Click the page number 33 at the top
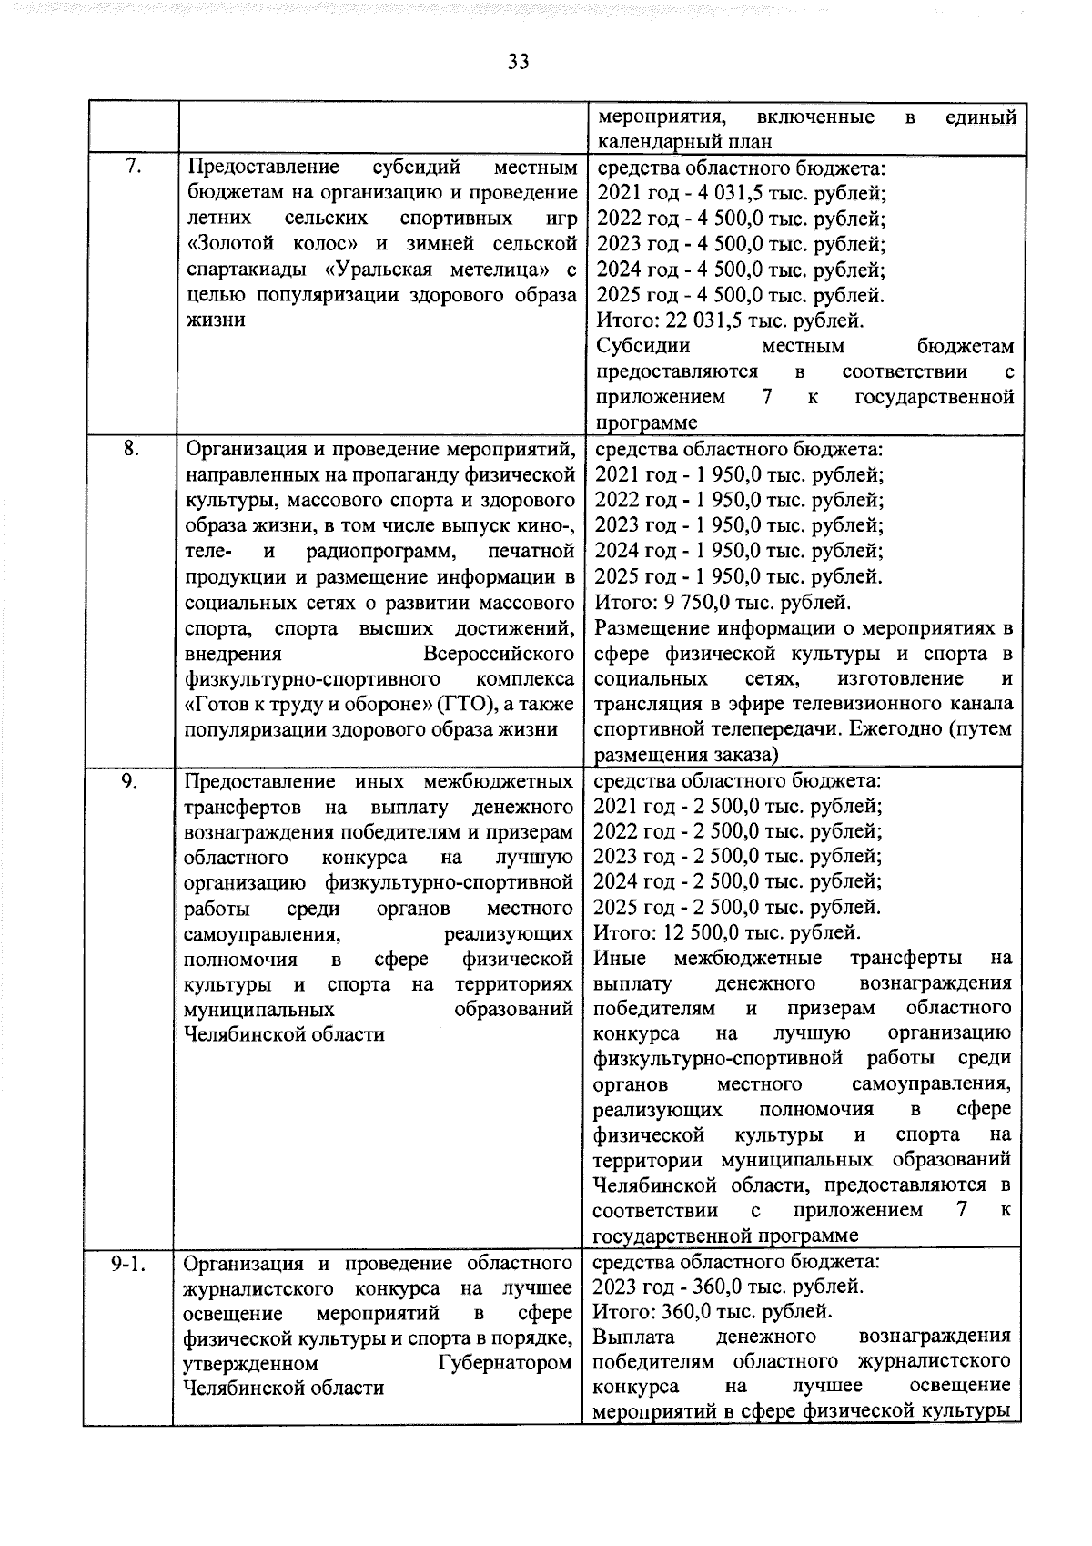[x=519, y=62]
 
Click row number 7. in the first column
[x=131, y=168]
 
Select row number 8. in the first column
[x=131, y=449]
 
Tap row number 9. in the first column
[x=131, y=780]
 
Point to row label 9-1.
[x=128, y=1263]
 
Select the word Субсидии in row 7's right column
[x=642, y=346]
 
